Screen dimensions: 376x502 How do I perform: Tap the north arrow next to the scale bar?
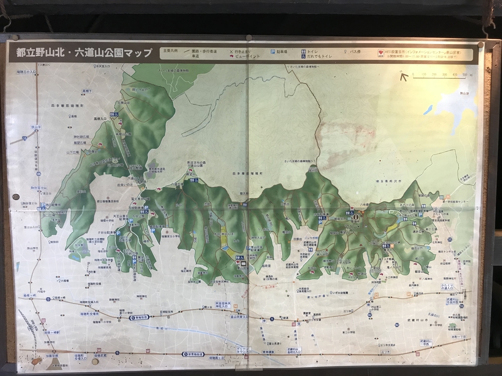click(x=403, y=77)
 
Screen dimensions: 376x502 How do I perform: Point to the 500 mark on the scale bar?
click(x=464, y=75)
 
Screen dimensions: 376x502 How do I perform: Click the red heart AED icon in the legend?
click(x=382, y=52)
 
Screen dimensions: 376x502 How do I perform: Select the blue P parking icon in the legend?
click(x=273, y=52)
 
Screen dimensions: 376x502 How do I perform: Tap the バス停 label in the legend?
click(x=355, y=51)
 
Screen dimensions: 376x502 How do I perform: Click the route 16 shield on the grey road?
click(x=24, y=136)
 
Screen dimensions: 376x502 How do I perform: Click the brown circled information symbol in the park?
click(x=355, y=217)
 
